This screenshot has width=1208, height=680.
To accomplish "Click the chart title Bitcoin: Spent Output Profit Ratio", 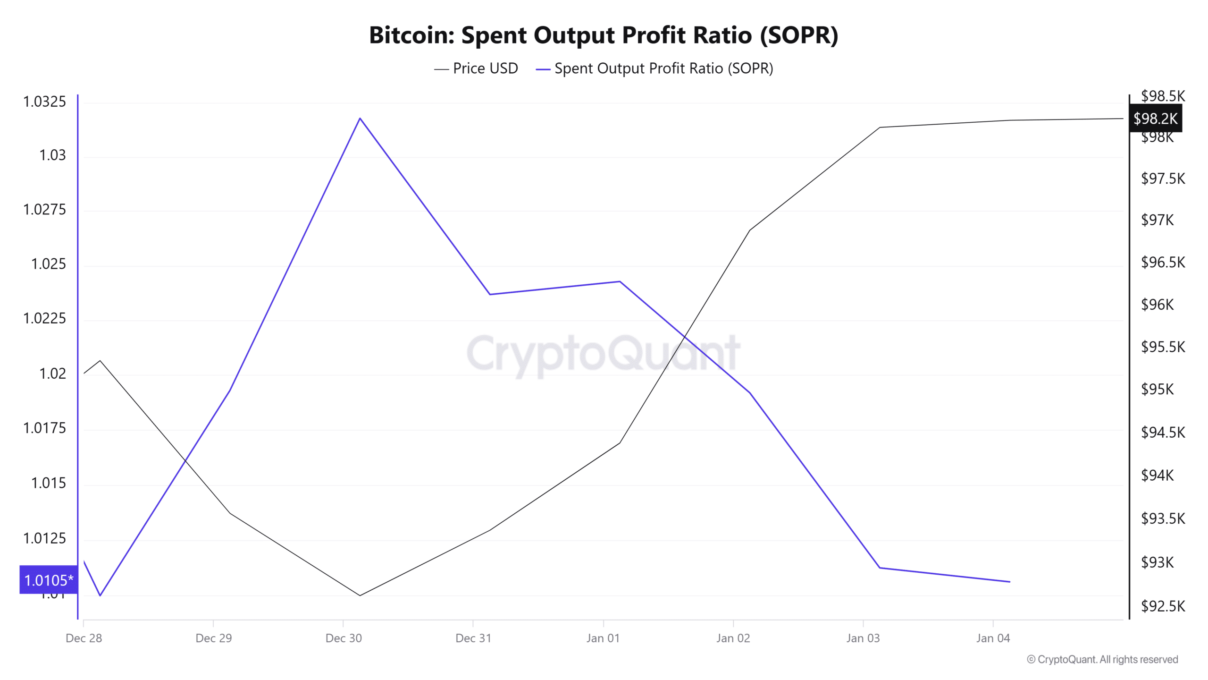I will point(603,35).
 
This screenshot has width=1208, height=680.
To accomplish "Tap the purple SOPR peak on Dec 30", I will point(360,118).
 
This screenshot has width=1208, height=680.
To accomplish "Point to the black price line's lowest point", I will point(360,595).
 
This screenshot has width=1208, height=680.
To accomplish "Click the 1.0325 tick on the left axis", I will point(44,102).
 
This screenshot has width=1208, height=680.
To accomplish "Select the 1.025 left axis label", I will point(48,264).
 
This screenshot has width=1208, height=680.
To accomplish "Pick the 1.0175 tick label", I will point(44,428).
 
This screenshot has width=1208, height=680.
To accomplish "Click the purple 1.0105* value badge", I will point(48,580).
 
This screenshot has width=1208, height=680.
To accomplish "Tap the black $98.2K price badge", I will point(1155,119).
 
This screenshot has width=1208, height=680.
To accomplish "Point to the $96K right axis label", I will point(1157,305).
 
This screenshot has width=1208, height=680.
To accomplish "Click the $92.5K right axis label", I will point(1163,606).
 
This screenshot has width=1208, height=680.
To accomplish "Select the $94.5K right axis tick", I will point(1163,432).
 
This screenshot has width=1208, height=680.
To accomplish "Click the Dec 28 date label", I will point(84,638).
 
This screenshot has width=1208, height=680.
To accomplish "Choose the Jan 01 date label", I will point(603,638).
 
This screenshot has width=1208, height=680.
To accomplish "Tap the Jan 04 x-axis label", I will point(993,638).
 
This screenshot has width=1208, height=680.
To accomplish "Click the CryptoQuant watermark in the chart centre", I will point(603,353).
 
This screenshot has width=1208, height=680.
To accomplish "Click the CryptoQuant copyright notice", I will point(1102,659).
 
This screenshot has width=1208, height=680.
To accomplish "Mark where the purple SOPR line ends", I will point(1009,582).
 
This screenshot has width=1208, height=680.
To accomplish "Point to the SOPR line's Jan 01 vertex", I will point(620,281).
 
